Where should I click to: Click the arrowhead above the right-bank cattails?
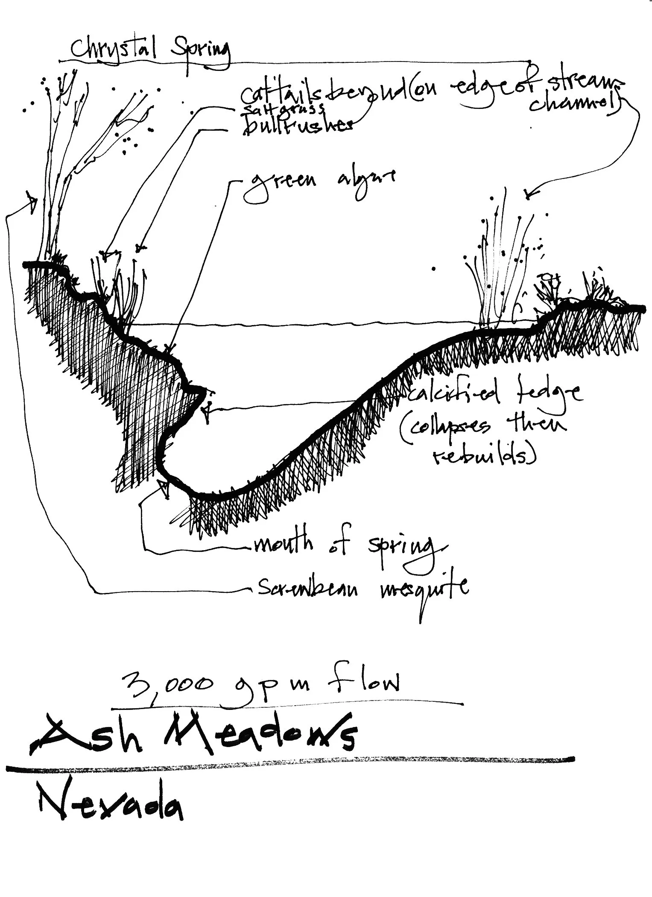pos(529,196)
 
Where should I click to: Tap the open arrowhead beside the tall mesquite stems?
pos(32,201)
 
